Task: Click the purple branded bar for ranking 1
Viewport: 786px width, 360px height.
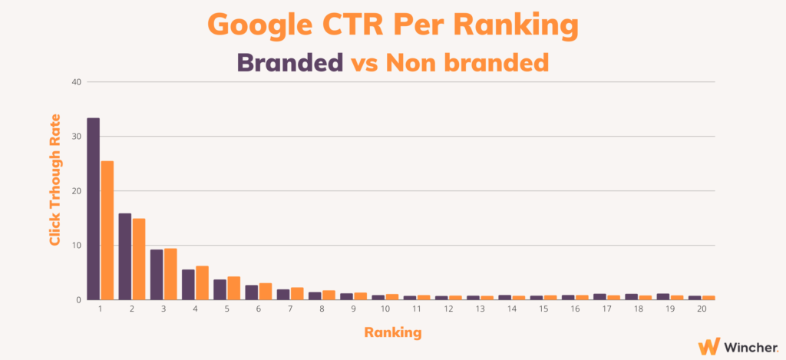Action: [93, 209]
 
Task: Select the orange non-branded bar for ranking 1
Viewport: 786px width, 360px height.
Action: [107, 230]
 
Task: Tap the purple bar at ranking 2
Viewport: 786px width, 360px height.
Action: [125, 256]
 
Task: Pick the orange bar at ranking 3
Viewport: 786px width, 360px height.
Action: [170, 274]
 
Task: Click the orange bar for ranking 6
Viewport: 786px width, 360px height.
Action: [265, 292]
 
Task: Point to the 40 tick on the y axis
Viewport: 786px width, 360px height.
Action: [78, 81]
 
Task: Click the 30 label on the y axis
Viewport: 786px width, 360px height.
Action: [78, 137]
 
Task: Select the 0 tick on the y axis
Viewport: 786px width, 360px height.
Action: [79, 300]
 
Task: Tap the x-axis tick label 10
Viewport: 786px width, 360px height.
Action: [385, 309]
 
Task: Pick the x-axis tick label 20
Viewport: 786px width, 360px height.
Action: [702, 309]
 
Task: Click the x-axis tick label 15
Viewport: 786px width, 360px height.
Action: [543, 309]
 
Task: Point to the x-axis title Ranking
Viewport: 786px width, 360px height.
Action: [392, 332]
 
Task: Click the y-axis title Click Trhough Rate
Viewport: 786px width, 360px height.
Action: [55, 180]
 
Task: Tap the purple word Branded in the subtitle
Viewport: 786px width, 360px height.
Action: [289, 63]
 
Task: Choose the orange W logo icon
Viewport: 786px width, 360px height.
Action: [709, 346]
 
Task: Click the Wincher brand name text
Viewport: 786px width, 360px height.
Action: [751, 346]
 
